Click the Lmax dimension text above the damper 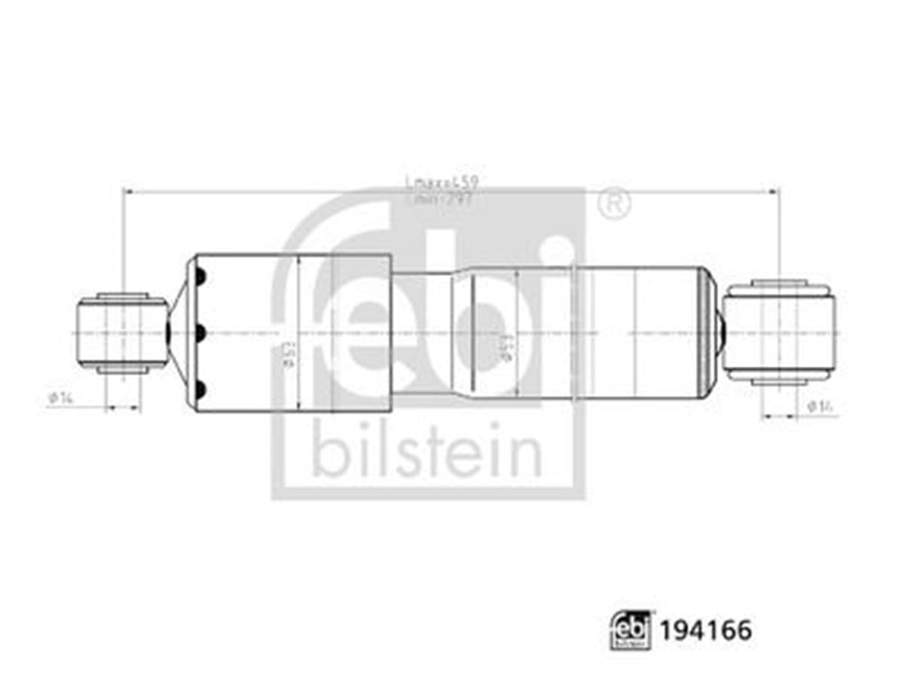tap(442, 182)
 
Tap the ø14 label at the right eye tap(822, 406)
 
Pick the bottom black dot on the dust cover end tap(200, 389)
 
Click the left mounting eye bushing tap(122, 332)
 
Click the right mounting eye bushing tap(779, 332)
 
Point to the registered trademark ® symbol tap(614, 203)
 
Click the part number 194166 tap(706, 631)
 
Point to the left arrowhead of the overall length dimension tap(126, 192)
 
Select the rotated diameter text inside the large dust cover tap(287, 351)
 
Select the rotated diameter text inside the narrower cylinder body tap(506, 347)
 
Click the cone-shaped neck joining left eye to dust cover tap(178, 332)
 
